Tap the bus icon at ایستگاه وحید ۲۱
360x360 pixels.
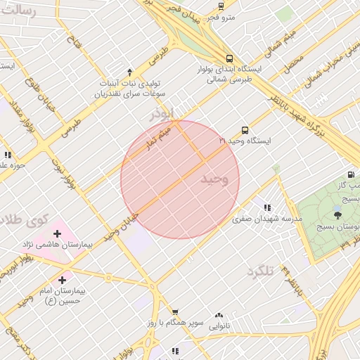(x=245, y=130)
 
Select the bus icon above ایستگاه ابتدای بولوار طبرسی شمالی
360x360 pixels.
(x=230, y=59)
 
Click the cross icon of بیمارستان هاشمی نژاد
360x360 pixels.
(x=57, y=233)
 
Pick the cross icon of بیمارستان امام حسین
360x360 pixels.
(x=63, y=279)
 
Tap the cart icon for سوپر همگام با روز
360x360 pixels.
(x=175, y=312)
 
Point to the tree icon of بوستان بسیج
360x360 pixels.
(x=338, y=215)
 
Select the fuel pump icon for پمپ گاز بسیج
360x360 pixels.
(x=350, y=174)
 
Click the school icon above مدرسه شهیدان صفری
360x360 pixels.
(x=267, y=207)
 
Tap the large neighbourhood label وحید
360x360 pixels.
(x=214, y=179)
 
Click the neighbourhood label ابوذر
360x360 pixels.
(x=161, y=113)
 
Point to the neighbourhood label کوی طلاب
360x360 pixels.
(x=25, y=220)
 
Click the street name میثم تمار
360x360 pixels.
(x=164, y=133)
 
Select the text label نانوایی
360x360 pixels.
(x=219, y=326)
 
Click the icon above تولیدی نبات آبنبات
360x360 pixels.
(x=129, y=72)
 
